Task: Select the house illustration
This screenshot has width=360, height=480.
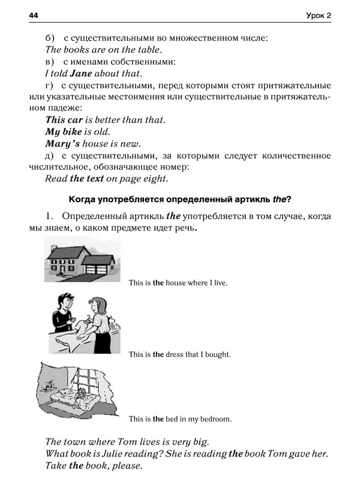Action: [x=82, y=259]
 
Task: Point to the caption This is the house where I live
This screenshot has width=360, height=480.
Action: [x=178, y=282]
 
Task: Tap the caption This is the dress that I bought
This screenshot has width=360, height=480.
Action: [x=180, y=354]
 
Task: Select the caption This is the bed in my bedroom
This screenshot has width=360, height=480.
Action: [x=180, y=419]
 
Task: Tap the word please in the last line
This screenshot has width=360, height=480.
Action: [x=127, y=466]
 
